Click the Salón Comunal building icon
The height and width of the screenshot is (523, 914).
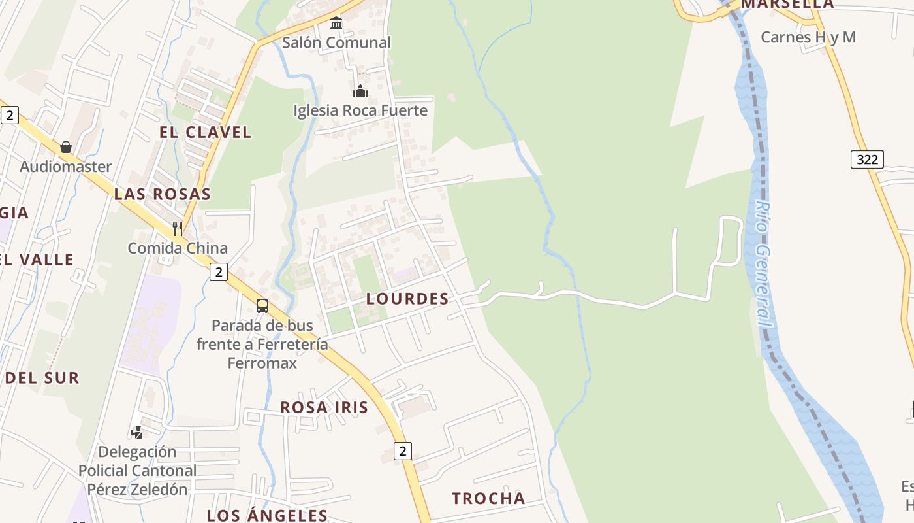(x=336, y=24)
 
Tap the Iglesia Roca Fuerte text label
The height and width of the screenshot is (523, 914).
(x=360, y=110)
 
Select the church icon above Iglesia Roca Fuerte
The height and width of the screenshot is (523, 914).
(x=360, y=91)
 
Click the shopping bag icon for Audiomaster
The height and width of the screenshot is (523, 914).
(x=66, y=147)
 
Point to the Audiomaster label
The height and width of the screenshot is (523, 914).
(x=66, y=167)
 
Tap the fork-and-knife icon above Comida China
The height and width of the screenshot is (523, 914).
(x=177, y=228)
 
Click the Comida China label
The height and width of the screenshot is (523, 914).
(x=178, y=248)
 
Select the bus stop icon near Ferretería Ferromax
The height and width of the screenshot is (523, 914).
(x=262, y=305)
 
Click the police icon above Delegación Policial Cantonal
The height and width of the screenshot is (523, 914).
(x=136, y=432)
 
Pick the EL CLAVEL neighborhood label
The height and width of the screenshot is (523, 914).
(x=205, y=132)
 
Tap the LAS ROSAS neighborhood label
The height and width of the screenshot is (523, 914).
(x=163, y=194)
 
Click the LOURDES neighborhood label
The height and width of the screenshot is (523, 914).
(x=407, y=299)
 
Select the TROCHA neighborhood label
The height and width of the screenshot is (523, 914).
(x=488, y=499)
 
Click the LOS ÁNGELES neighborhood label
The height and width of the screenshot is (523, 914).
(x=267, y=515)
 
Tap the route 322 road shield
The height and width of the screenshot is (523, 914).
(x=867, y=160)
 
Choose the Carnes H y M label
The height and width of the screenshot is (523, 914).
(x=808, y=37)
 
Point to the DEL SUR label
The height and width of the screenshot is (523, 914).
(x=42, y=378)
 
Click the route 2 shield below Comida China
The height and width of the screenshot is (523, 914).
(x=218, y=272)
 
